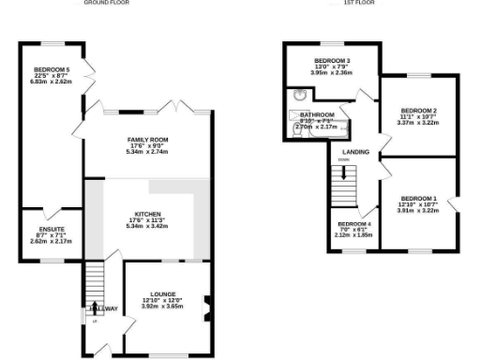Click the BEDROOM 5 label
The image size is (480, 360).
(52, 68)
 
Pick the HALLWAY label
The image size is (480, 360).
(103, 308)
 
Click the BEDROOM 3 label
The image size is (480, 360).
(331, 61)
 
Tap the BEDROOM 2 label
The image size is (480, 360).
(418, 110)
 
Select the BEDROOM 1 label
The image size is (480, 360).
(418, 198)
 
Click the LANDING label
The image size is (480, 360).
(355, 151)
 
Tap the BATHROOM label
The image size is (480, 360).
(317, 114)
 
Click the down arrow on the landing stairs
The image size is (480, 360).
(343, 172)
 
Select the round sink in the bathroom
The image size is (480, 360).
(299, 94)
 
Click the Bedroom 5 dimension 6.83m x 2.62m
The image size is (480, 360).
(52, 82)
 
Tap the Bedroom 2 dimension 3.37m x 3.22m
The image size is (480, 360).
(418, 122)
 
